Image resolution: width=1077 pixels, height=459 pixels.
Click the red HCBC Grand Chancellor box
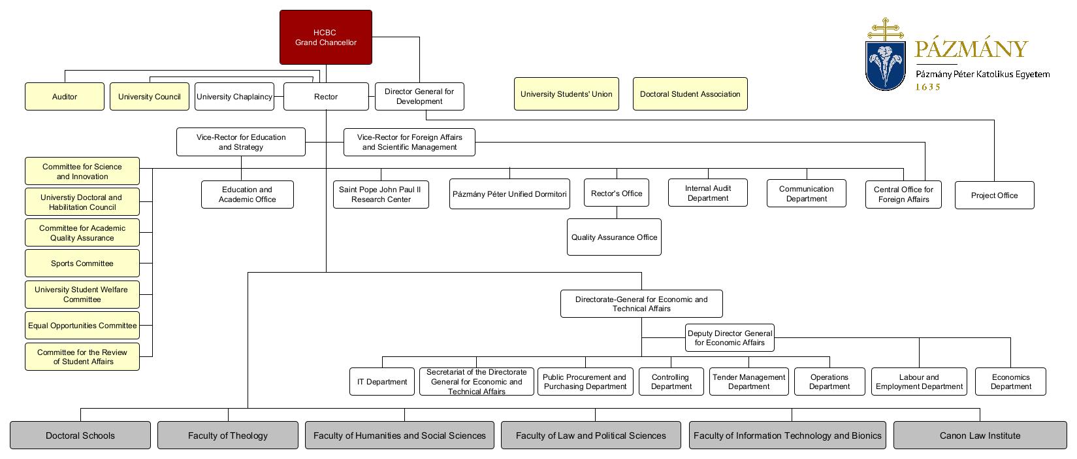[325, 37]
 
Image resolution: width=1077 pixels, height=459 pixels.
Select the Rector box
[326, 97]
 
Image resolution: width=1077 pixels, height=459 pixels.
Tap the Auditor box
[65, 97]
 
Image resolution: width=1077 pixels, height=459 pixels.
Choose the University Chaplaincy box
[234, 97]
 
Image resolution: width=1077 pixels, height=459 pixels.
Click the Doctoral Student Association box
[690, 93]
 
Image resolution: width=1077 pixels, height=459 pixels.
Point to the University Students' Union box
[566, 93]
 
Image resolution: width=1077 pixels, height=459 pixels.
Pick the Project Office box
[994, 195]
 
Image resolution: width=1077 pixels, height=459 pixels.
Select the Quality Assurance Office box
[614, 237]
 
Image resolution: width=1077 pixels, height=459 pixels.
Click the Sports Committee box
[82, 263]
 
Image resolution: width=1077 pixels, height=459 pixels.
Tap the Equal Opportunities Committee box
[82, 325]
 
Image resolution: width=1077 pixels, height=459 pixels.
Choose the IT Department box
[382, 382]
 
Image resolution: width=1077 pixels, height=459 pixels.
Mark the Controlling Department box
[671, 382]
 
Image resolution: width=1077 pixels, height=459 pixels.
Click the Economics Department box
[1010, 382]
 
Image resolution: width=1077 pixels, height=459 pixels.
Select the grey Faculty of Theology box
[228, 435]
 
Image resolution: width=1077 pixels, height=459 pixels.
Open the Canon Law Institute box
[980, 435]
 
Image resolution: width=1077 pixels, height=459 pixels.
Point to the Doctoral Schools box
[80, 435]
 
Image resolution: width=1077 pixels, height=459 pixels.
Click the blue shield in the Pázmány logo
[885, 66]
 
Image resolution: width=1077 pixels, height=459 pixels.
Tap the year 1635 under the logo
[928, 87]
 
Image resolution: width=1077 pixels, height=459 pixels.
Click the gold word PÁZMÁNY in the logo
[971, 48]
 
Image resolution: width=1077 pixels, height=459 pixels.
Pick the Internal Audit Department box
[708, 193]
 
